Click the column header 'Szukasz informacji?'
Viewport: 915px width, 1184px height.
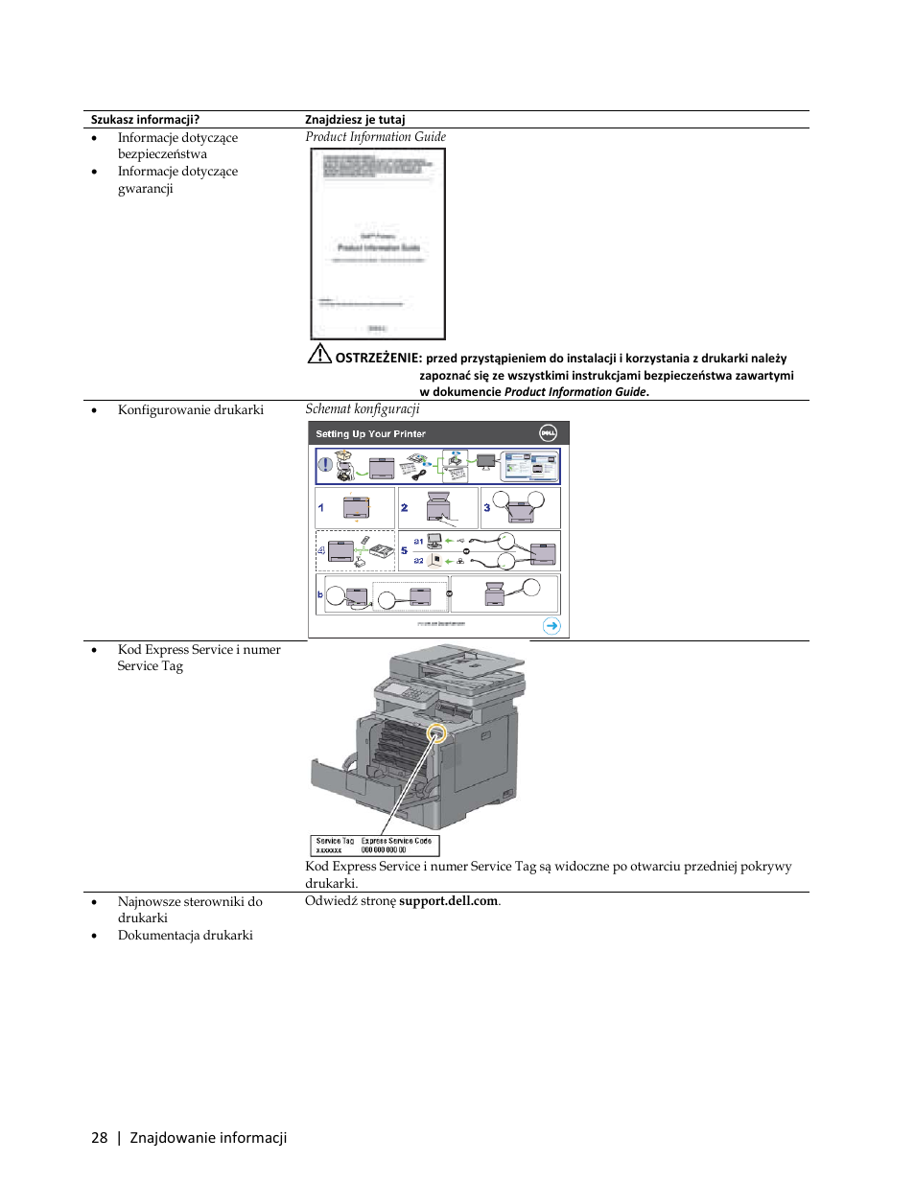pos(145,120)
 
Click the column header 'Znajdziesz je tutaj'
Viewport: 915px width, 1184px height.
pos(355,120)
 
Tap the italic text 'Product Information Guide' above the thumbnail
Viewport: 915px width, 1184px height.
pos(375,137)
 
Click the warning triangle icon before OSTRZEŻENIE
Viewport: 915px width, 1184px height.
pos(319,354)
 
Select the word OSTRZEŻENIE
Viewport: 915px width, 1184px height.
pos(379,358)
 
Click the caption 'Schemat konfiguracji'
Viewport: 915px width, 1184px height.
pos(363,409)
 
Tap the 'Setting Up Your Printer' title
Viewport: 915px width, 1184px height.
pos(370,434)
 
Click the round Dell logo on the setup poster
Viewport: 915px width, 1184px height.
pos(548,432)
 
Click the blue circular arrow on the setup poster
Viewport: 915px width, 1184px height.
pos(551,626)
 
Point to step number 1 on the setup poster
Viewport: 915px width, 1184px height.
pos(321,508)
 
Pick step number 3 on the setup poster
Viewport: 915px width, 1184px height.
pos(487,508)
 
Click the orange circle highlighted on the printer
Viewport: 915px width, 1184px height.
pos(436,734)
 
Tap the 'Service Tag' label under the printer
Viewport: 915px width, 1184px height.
pos(335,841)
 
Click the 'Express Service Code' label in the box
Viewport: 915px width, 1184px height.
pos(396,841)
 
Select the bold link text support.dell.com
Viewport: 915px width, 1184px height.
pos(449,901)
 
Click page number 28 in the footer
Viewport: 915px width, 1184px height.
pos(99,1138)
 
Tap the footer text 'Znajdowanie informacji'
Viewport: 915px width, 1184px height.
pos(208,1138)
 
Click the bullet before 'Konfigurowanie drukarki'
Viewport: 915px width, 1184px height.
pos(94,410)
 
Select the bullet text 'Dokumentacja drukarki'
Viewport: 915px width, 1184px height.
pos(185,936)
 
